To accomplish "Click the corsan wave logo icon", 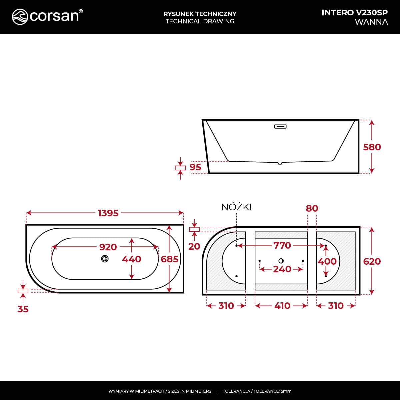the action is [x=20, y=17].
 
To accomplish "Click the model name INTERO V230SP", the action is [x=355, y=13].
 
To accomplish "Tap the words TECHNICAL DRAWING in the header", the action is [x=200, y=21].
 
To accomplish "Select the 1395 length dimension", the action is [x=108, y=213].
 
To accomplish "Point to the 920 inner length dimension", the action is [x=108, y=247].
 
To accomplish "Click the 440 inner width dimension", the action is [x=132, y=259].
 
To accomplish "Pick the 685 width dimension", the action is [x=169, y=259].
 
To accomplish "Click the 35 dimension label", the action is [x=23, y=309].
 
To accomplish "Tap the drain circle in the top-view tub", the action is [x=105, y=259].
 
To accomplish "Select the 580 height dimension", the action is [x=372, y=147].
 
